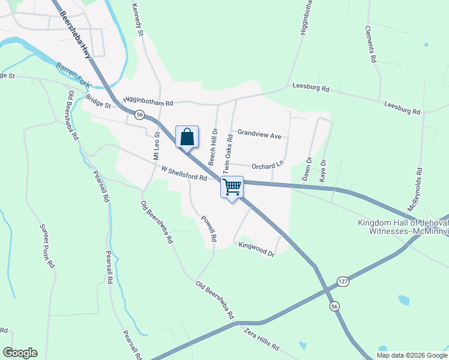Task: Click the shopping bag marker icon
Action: click(187, 137)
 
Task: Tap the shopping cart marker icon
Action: click(232, 187)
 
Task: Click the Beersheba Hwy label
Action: click(75, 37)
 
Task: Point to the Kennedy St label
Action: click(137, 19)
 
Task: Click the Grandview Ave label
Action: click(259, 136)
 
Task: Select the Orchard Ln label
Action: click(267, 166)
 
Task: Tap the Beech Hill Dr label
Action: click(213, 146)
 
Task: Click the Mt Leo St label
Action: click(156, 146)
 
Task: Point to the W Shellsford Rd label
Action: click(184, 173)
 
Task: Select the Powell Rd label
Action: click(209, 229)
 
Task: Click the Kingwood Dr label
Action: click(256, 250)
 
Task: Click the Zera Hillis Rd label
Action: click(262, 339)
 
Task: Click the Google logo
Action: click(20, 353)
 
